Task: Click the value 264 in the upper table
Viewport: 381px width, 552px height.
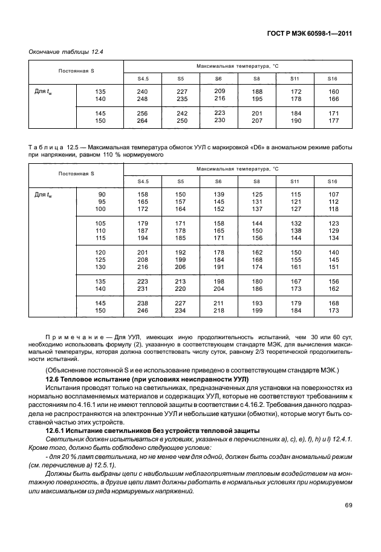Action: pyautogui.click(x=142, y=120)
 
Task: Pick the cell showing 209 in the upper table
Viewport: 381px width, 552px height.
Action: pyautogui.click(x=220, y=90)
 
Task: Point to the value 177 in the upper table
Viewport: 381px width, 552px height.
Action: pyautogui.click(x=333, y=120)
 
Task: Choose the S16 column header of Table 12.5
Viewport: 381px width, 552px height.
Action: pyautogui.click(x=333, y=181)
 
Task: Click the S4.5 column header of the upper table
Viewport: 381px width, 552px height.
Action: pyautogui.click(x=143, y=78)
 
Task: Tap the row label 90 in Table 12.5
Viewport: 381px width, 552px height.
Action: pyautogui.click(x=101, y=194)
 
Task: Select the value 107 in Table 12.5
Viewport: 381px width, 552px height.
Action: pyautogui.click(x=333, y=194)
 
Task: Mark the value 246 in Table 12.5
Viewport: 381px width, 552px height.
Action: pyautogui.click(x=142, y=310)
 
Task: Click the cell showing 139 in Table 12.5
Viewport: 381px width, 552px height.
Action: pyautogui.click(x=220, y=194)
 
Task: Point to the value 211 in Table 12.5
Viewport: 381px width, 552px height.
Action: pyautogui.click(x=220, y=303)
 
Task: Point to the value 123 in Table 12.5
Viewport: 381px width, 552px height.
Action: pyautogui.click(x=333, y=224)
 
